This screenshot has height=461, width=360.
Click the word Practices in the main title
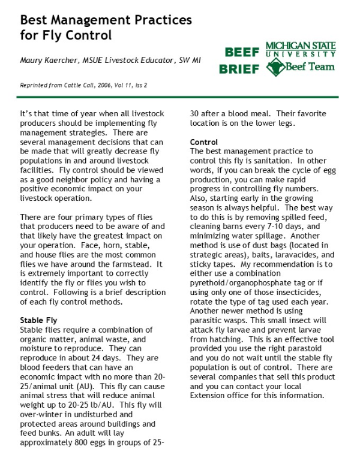point(155,20)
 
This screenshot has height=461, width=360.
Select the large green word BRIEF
point(239,69)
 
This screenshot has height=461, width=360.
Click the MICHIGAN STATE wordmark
point(301,46)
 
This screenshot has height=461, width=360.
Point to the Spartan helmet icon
point(274,67)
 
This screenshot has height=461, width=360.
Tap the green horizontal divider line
point(179,97)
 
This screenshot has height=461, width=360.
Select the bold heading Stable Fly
point(40,321)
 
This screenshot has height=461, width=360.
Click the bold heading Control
point(204,142)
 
